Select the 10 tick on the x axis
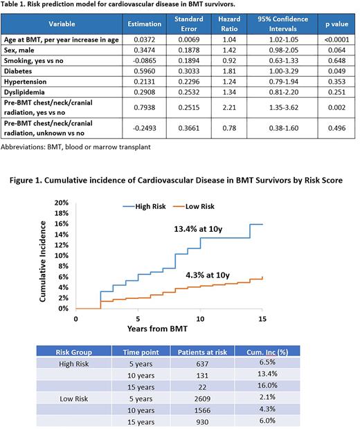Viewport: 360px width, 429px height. [x=200, y=318]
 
